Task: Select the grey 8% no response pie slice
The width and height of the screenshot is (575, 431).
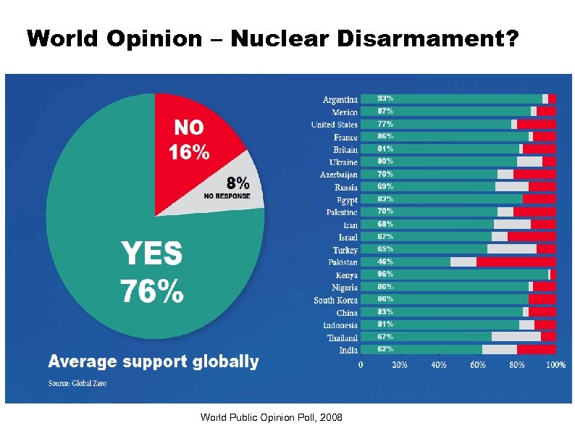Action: (235, 185)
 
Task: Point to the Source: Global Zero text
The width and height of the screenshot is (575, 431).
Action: (77, 383)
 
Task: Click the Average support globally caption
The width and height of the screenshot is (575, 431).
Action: (153, 361)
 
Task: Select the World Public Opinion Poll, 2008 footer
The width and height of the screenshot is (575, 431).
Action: (272, 417)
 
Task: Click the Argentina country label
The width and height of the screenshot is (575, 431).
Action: (340, 99)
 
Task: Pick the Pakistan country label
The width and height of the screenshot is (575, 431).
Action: (343, 262)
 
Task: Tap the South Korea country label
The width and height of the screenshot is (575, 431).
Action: (335, 300)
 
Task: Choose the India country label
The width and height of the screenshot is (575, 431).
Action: (348, 351)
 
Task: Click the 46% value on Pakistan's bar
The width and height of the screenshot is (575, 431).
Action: (385, 261)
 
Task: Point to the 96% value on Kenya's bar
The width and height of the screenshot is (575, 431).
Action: (385, 275)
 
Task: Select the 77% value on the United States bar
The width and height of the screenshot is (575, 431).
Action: (385, 124)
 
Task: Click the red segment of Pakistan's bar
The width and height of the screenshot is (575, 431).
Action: (516, 261)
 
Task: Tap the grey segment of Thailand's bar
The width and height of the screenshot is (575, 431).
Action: (516, 337)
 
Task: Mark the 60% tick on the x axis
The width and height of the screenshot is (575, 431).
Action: (478, 365)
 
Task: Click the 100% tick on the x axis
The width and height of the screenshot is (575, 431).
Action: (555, 365)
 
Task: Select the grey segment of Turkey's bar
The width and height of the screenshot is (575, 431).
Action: (511, 249)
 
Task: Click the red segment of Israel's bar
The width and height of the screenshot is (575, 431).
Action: (531, 237)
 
